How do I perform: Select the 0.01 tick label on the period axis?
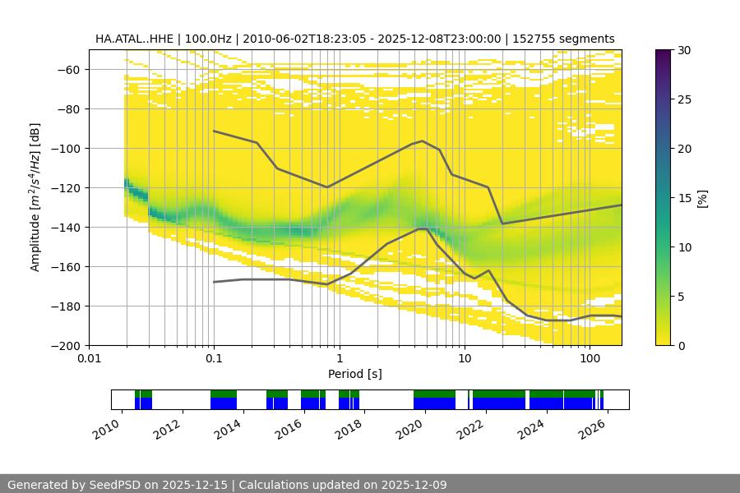click(x=89, y=358)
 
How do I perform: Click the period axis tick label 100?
click(x=589, y=358)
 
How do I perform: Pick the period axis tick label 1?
click(x=339, y=358)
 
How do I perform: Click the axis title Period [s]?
click(x=354, y=374)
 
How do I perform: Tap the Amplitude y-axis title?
click(x=35, y=197)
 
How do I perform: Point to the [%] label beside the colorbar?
click(x=702, y=198)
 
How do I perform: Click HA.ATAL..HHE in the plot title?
click(x=132, y=39)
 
